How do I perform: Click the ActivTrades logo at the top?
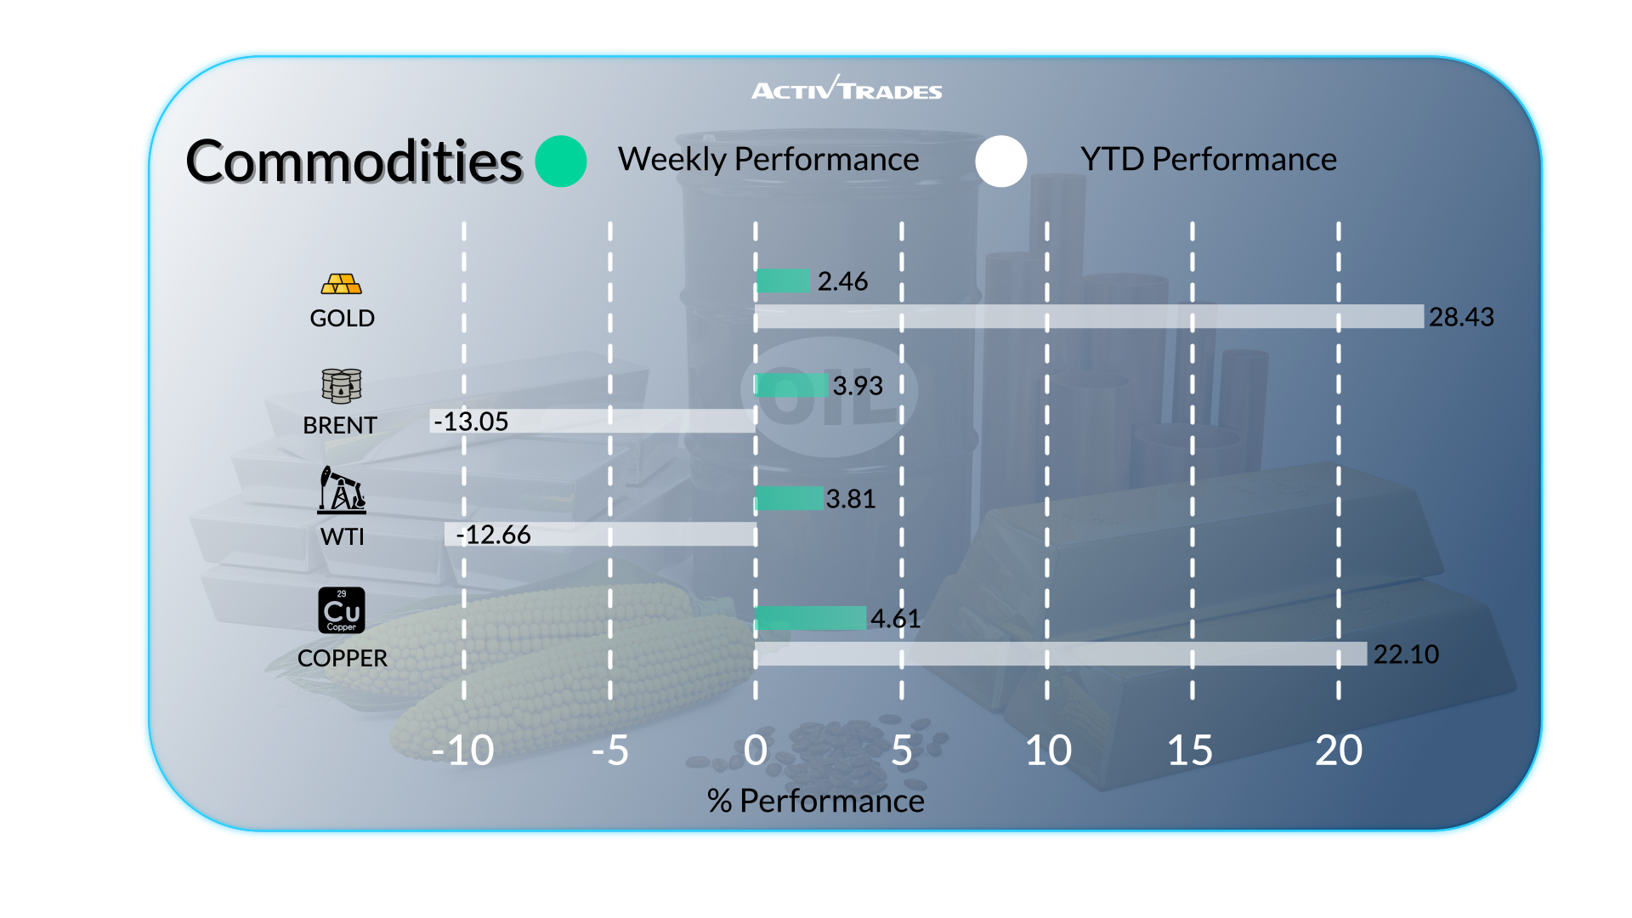847,89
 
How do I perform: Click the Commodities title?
354,161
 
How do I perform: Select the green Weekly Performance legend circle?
561,161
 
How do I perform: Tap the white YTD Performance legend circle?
1001,161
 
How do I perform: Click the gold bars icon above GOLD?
342,284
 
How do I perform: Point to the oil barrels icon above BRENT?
342,386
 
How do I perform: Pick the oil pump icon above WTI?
342,490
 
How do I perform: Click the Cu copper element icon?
342,610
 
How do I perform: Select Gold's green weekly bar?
783,280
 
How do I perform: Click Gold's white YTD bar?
1088,316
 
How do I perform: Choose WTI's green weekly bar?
789,498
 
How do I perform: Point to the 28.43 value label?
1461,317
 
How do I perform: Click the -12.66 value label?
494,535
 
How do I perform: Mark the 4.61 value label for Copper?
895,618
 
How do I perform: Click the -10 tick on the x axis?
462,751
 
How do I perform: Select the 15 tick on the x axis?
1190,751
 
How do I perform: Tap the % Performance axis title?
815,801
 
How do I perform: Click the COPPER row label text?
343,658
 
